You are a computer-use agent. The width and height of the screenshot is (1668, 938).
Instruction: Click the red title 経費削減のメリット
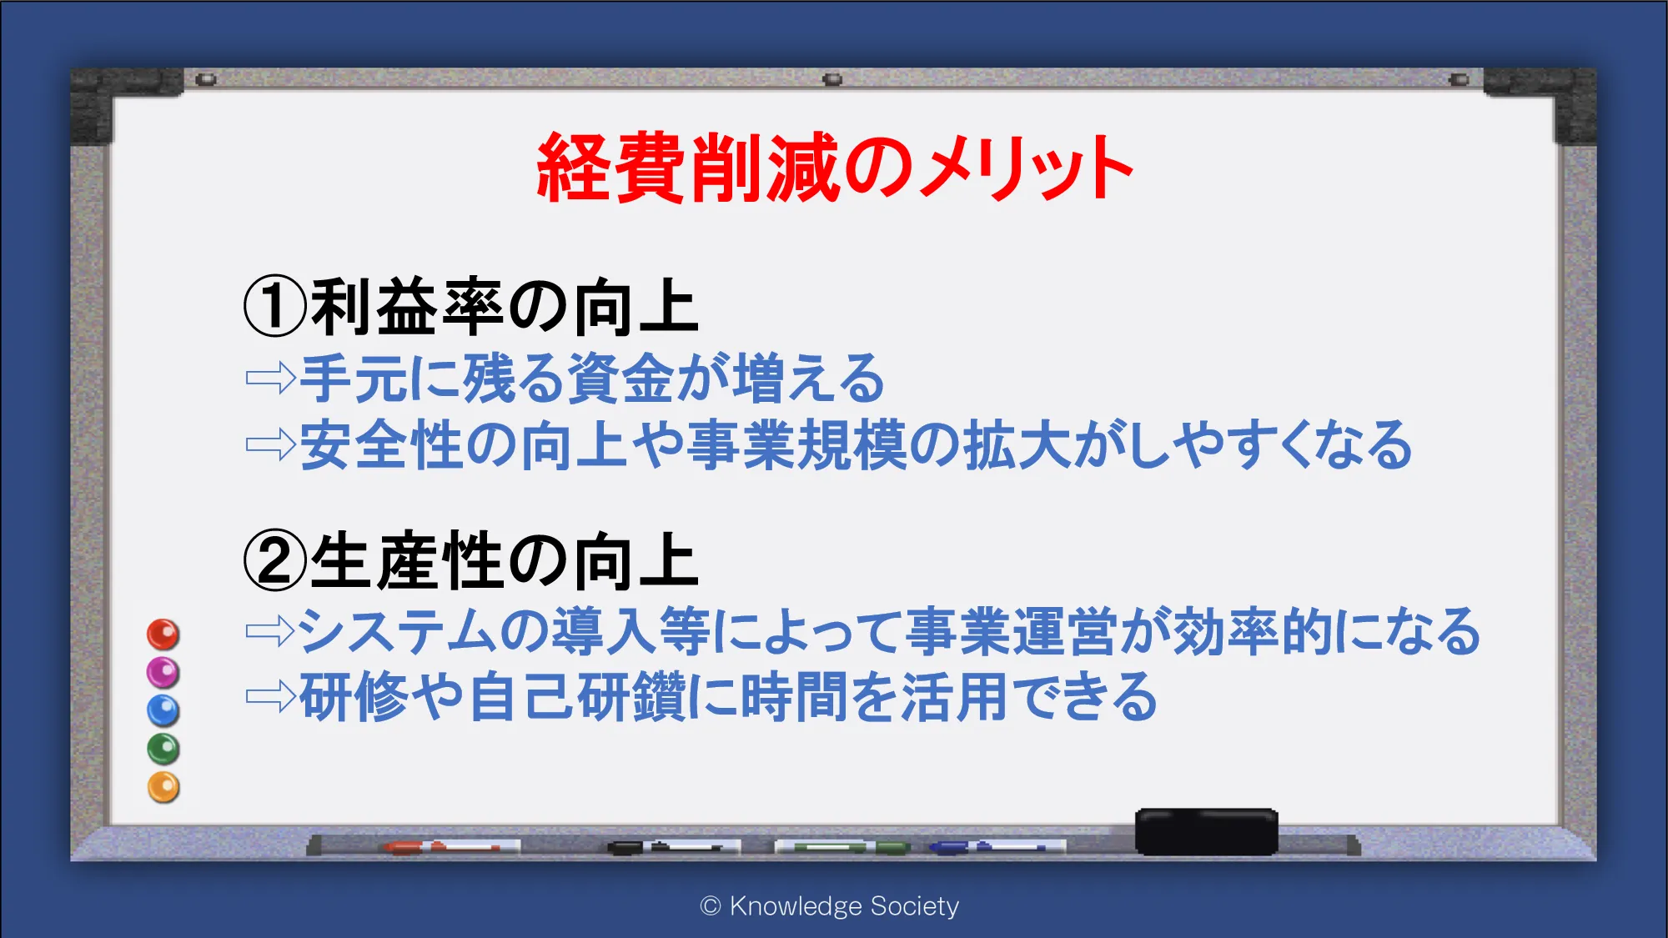(835, 168)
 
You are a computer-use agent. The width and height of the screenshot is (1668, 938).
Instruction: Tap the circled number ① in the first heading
(275, 306)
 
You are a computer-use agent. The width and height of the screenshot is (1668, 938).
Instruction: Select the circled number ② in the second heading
(275, 560)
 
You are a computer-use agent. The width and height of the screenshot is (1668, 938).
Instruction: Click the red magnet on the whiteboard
(163, 635)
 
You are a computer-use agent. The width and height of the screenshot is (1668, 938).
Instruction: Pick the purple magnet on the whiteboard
(163, 672)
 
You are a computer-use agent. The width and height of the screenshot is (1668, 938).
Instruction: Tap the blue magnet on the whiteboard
(163, 710)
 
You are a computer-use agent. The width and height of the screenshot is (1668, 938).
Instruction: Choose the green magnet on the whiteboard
(163, 749)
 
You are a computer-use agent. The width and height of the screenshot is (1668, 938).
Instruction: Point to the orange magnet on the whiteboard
(163, 787)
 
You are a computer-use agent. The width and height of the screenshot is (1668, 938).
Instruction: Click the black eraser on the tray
(1206, 831)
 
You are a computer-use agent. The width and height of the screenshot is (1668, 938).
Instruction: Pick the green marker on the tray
(842, 847)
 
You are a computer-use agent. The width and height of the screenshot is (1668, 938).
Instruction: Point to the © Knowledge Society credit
(830, 906)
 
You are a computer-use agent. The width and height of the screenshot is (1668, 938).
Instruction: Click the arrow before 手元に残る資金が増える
(271, 379)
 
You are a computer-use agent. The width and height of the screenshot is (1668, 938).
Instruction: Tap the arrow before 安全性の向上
(271, 445)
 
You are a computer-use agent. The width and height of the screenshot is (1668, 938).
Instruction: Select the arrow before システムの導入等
(271, 631)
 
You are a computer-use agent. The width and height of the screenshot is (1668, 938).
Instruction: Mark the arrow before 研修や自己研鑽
(271, 696)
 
